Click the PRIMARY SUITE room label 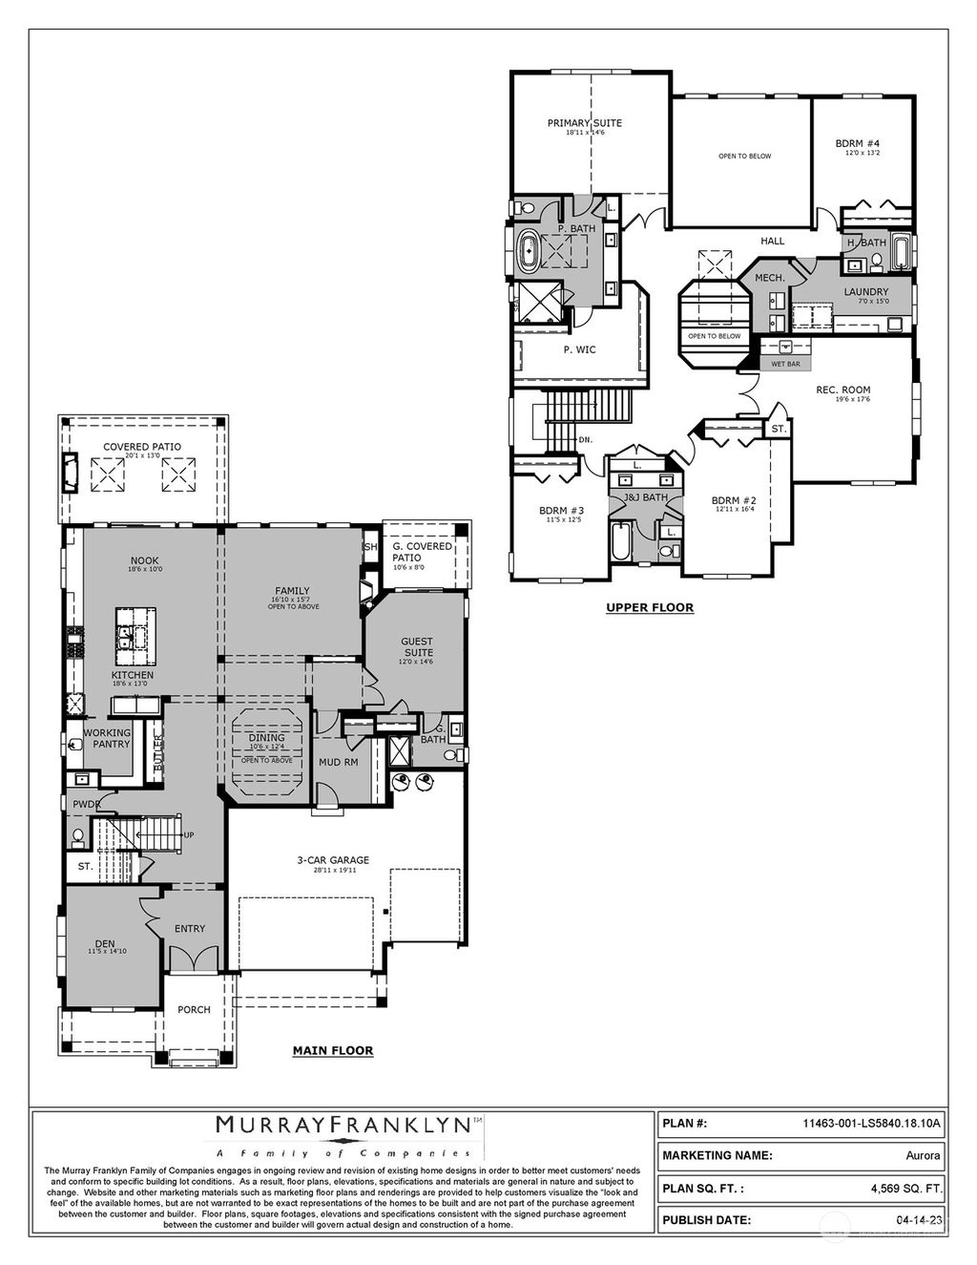(x=584, y=123)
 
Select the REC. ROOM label (x=842, y=390)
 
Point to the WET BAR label (x=785, y=364)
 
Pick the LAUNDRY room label (x=865, y=292)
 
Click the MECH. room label (x=769, y=278)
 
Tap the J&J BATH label (x=646, y=497)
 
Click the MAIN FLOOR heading (x=332, y=1050)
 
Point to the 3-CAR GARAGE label (x=332, y=860)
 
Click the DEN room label (x=105, y=944)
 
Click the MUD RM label (x=338, y=763)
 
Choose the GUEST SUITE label (x=416, y=647)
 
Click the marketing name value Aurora (x=922, y=1155)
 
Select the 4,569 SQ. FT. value (x=905, y=1189)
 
